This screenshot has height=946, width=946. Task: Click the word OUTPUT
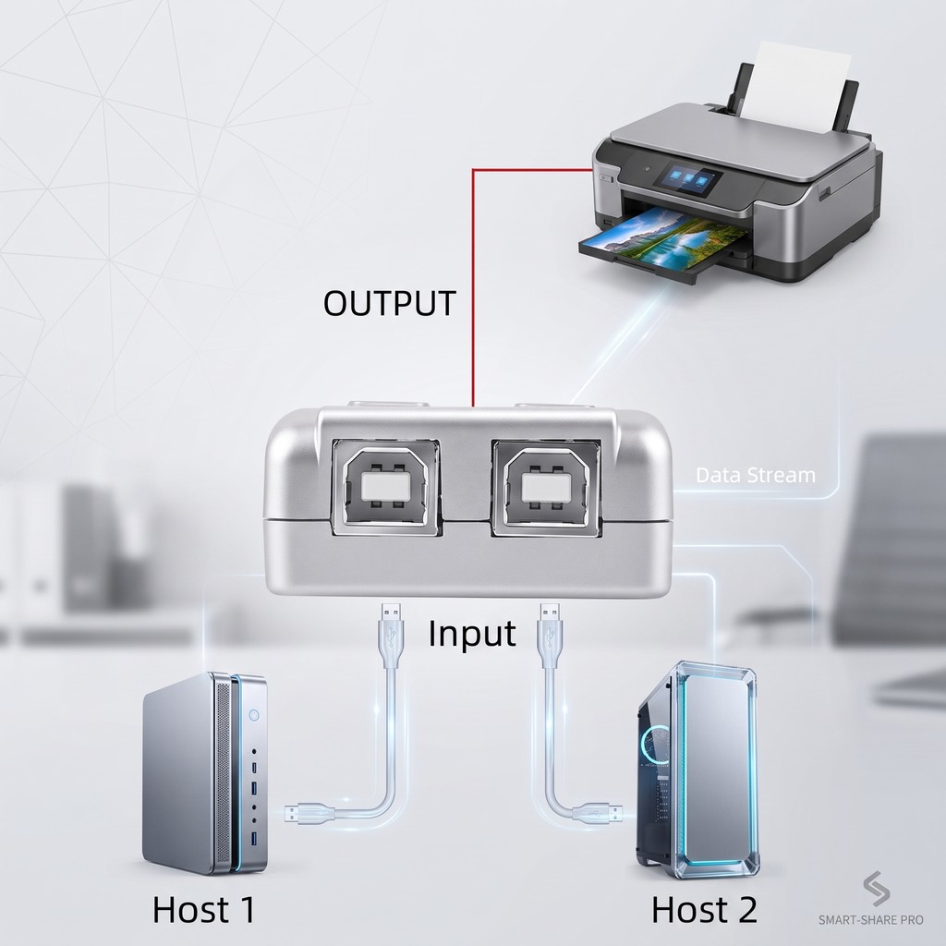tap(389, 303)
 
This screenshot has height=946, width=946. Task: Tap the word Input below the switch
tap(472, 634)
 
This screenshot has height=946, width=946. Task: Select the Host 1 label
tap(204, 909)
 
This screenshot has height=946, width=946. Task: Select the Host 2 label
tap(704, 909)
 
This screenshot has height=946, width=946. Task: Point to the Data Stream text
tap(756, 475)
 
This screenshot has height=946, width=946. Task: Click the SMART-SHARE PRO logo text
tap(870, 919)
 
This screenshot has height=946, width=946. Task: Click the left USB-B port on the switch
tap(386, 486)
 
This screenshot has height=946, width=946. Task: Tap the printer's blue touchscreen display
tap(687, 179)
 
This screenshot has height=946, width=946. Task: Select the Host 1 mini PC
tap(205, 773)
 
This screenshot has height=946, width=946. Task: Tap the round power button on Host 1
tap(254, 716)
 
